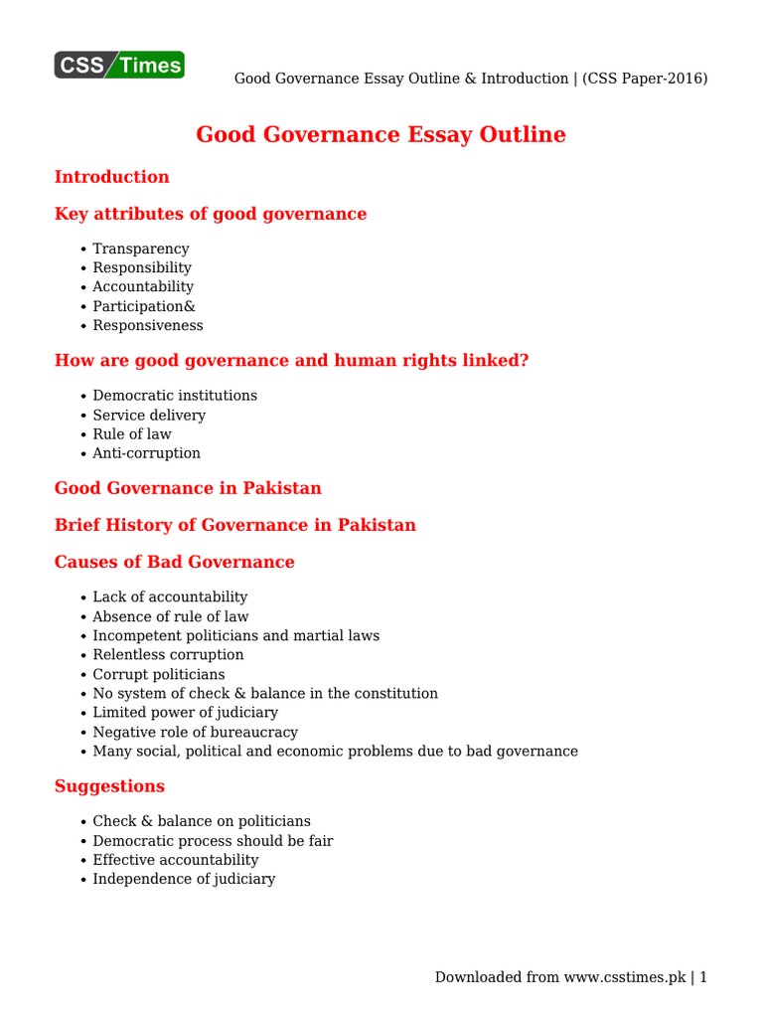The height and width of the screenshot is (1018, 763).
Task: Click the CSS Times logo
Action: click(x=119, y=66)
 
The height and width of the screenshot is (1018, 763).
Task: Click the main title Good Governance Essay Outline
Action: click(x=381, y=134)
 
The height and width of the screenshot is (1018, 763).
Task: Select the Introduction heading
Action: click(x=111, y=177)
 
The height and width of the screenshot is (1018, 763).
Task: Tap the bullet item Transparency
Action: click(x=141, y=249)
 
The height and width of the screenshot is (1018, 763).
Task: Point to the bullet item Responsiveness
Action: click(x=148, y=325)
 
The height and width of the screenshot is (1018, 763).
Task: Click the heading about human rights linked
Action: click(x=291, y=360)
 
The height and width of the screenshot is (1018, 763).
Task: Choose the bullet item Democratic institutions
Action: click(x=175, y=396)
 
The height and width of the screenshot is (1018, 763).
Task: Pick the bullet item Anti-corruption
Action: click(x=147, y=453)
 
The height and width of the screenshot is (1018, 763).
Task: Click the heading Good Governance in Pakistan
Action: click(x=188, y=488)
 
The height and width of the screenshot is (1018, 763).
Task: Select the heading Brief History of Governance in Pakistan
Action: click(x=235, y=525)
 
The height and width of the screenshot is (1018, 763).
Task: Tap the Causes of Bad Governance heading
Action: click(x=174, y=562)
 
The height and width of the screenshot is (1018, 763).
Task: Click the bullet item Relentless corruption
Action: click(x=168, y=655)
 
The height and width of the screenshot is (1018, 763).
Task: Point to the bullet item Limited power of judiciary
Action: click(x=186, y=713)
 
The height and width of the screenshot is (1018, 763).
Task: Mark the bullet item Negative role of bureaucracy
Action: click(x=196, y=732)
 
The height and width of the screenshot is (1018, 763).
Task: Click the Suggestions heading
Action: click(x=109, y=786)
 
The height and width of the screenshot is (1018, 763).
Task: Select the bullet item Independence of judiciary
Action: click(x=184, y=879)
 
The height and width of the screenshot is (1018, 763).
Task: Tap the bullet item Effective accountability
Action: click(x=176, y=860)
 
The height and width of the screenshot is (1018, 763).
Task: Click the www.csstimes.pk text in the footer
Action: click(x=625, y=977)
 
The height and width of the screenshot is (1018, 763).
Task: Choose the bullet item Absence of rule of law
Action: click(x=171, y=616)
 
